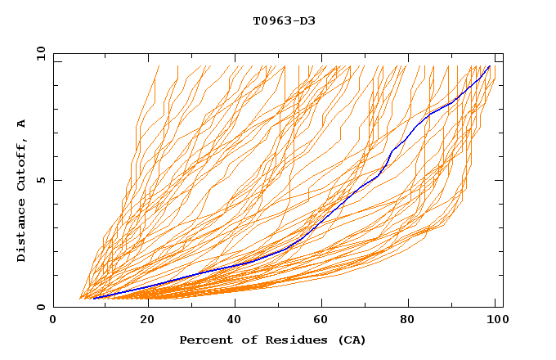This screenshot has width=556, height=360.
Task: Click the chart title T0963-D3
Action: coord(284,20)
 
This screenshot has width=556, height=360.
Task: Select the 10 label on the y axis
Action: coord(38,54)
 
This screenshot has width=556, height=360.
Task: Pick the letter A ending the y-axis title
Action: coord(22,124)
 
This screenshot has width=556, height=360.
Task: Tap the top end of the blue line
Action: coord(490,66)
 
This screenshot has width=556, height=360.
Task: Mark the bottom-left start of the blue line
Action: coord(94,299)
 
